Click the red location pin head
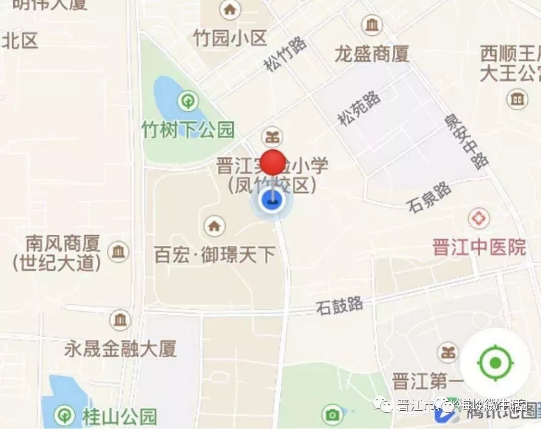click(273, 162)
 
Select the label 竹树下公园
click(188, 131)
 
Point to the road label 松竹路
click(285, 55)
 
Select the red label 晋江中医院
click(479, 247)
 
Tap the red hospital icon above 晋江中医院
click(478, 219)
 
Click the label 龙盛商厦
click(371, 54)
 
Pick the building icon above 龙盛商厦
click(372, 25)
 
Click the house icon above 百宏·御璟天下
click(215, 226)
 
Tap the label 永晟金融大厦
click(120, 349)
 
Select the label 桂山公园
click(119, 417)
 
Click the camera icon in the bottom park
click(332, 415)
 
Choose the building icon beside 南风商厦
click(118, 251)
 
